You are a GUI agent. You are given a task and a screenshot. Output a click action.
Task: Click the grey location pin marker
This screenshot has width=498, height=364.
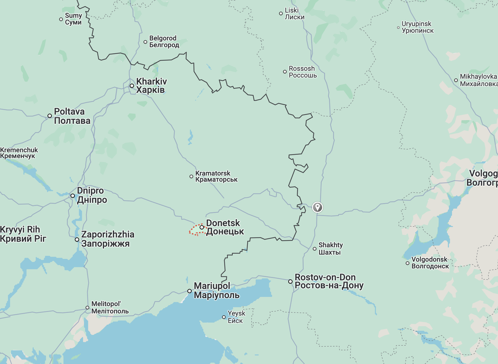click(x=317, y=207)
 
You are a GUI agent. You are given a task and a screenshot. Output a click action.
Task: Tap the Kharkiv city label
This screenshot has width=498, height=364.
click(x=151, y=85)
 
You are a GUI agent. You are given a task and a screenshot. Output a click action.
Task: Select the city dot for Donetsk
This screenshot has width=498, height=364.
click(x=202, y=227)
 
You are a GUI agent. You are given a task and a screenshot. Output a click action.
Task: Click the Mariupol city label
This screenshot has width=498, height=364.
click(x=216, y=290)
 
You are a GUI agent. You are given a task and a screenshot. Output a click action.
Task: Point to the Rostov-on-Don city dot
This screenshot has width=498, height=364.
click(x=290, y=282)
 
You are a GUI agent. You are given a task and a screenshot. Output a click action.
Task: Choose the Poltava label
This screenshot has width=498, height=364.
click(x=72, y=116)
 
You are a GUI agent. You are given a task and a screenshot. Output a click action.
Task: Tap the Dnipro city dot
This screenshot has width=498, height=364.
click(x=73, y=196)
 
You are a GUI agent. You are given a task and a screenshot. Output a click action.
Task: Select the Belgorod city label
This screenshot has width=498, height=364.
click(x=164, y=41)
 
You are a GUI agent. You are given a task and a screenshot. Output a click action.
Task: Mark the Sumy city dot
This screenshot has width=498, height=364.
click(x=61, y=19)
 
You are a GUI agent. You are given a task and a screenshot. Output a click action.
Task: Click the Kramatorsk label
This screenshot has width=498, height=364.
click(x=216, y=176)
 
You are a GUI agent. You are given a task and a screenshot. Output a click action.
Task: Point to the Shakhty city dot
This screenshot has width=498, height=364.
click(x=315, y=249)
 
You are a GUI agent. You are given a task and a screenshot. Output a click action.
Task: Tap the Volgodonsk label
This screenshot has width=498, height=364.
click(x=430, y=263)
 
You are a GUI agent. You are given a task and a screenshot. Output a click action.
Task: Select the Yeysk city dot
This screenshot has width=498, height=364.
click(x=224, y=317)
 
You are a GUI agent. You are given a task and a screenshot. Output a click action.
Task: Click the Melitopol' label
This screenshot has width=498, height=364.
click(x=110, y=307)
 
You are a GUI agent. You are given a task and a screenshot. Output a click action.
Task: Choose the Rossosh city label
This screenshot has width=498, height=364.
click(x=302, y=72)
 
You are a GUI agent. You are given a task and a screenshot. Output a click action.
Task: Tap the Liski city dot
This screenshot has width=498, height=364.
click(x=281, y=13)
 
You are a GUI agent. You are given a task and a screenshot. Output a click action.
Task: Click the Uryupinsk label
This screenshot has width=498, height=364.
click(x=417, y=27)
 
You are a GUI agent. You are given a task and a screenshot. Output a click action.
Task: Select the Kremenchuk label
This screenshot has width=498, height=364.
click(x=19, y=153)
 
